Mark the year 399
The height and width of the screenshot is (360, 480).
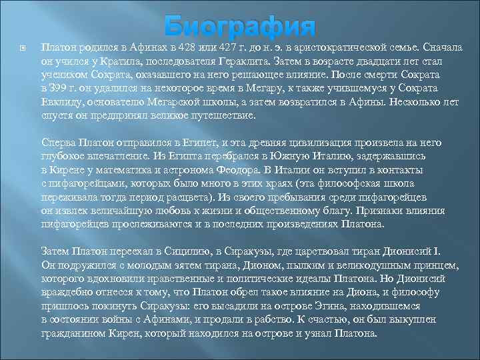[x=59, y=89]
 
